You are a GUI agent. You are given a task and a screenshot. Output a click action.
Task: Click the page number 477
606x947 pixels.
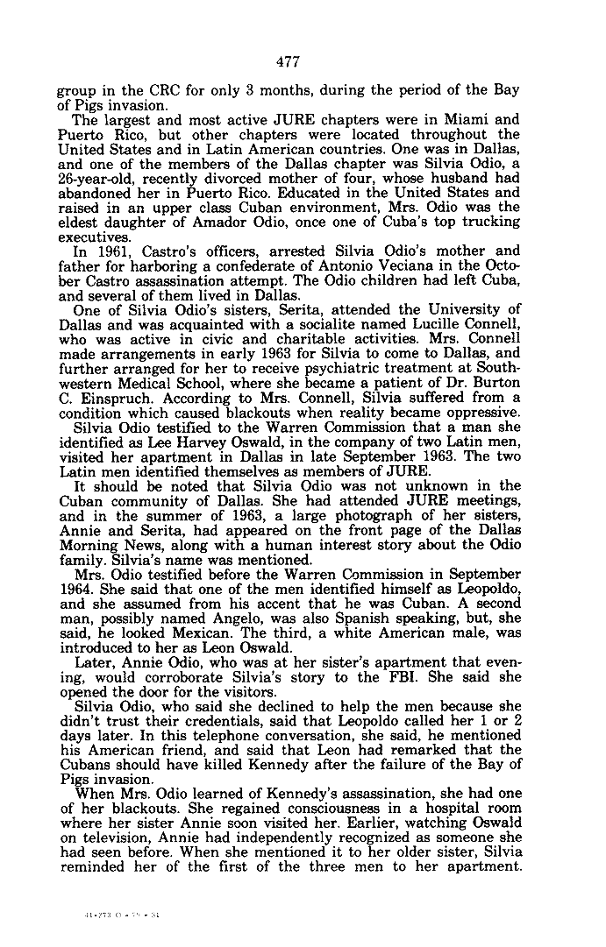[x=288, y=61]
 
